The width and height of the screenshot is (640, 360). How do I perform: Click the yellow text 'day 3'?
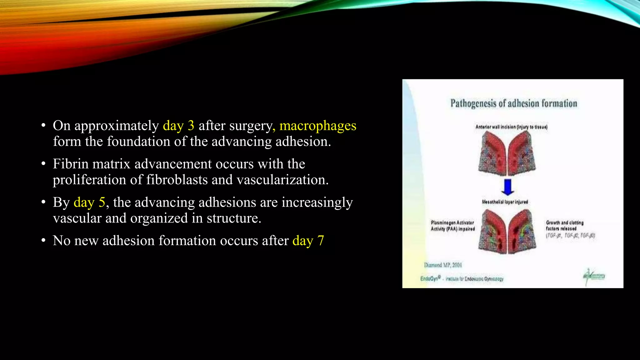pos(178,126)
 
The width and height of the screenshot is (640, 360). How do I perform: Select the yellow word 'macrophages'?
pos(317,126)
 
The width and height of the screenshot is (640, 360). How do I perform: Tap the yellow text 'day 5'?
pos(89,202)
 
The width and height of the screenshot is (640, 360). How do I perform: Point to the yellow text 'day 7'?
pos(308,241)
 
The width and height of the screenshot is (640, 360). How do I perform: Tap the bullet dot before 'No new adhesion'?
pos(43,241)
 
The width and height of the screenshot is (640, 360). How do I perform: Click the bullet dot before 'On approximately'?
pos(43,126)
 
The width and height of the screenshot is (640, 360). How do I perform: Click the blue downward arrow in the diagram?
pos(507,187)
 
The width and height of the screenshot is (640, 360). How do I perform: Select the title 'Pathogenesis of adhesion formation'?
pos(513,103)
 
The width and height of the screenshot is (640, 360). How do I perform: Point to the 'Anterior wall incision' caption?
pos(511,127)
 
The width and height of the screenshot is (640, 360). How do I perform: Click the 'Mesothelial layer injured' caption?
pos(505,202)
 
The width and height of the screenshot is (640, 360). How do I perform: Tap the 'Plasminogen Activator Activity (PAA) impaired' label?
pos(452,226)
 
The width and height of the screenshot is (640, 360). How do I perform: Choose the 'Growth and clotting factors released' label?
pos(564,226)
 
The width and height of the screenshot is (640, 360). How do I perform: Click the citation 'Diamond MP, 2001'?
pos(443,265)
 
